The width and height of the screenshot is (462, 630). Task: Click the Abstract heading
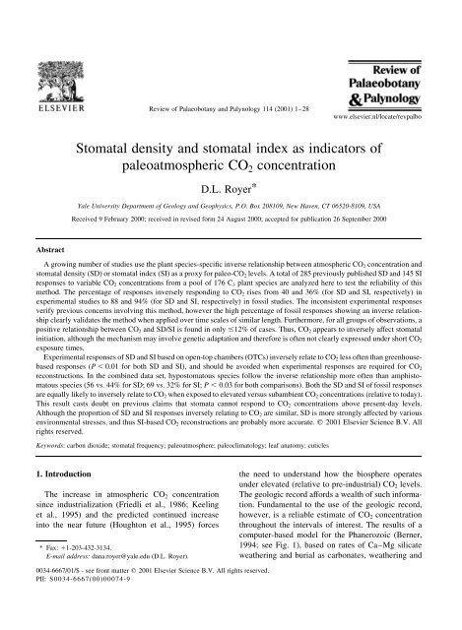(38, 224)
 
